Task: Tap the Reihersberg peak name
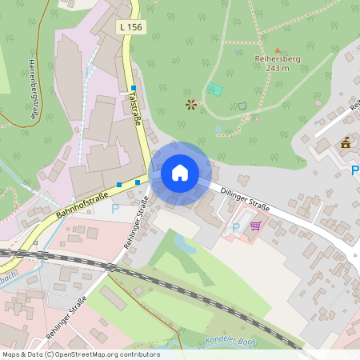pyautogui.click(x=277, y=58)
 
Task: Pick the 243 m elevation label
pyautogui.click(x=277, y=68)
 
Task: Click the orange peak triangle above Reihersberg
pyautogui.click(x=278, y=49)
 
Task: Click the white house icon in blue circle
pyautogui.click(x=180, y=172)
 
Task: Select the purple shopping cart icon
pyautogui.click(x=254, y=226)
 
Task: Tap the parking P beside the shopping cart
pyautogui.click(x=235, y=227)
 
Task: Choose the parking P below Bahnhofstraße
pyautogui.click(x=114, y=208)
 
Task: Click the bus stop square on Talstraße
pyautogui.click(x=134, y=88)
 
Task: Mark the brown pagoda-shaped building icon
pyautogui.click(x=346, y=144)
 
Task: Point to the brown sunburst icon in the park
pyautogui.click(x=190, y=104)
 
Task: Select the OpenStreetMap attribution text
pyautogui.click(x=81, y=354)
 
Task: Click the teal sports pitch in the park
pyautogui.click(x=214, y=90)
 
